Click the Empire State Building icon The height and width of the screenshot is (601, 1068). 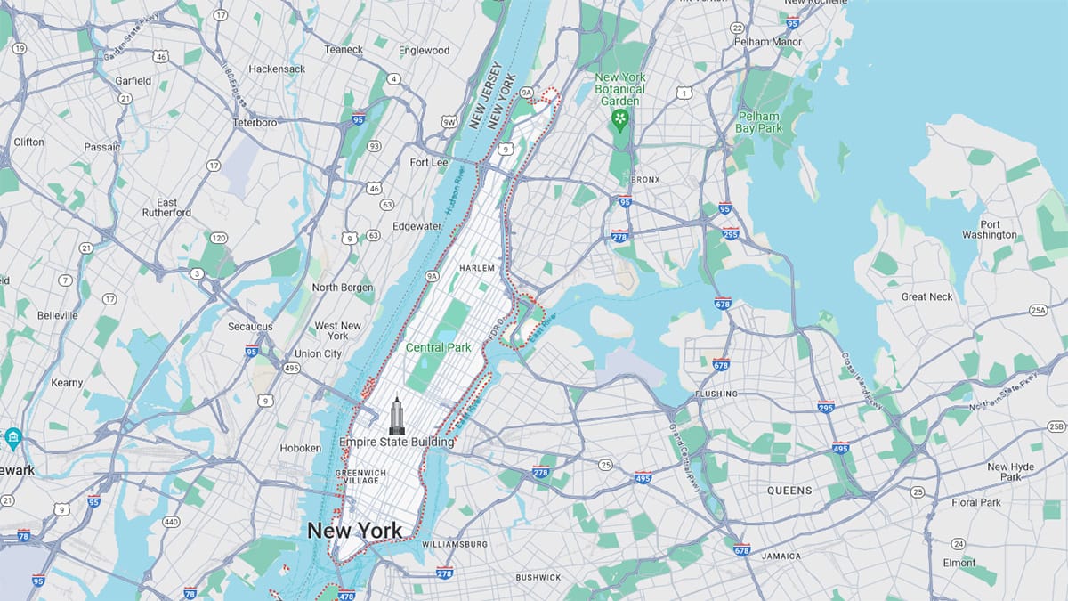pyautogui.click(x=396, y=416)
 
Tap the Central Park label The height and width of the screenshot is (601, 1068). pyautogui.click(x=438, y=347)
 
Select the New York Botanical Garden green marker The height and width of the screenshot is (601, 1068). pyautogui.click(x=620, y=118)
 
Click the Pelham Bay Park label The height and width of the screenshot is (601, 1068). pyautogui.click(x=757, y=123)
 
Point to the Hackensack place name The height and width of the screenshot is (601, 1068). pyautogui.click(x=277, y=69)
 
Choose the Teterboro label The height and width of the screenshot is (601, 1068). pyautogui.click(x=255, y=122)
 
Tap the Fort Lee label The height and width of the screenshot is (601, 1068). pyautogui.click(x=429, y=163)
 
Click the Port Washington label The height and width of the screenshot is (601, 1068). pyautogui.click(x=989, y=230)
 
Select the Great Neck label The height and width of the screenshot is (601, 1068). pyautogui.click(x=926, y=296)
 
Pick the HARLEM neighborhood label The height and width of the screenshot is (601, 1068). pyautogui.click(x=476, y=268)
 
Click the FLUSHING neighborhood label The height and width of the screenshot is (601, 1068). pyautogui.click(x=716, y=394)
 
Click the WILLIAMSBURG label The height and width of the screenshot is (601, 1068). pyautogui.click(x=455, y=544)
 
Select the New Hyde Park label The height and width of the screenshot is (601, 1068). pyautogui.click(x=1009, y=472)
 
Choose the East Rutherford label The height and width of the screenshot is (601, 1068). pyautogui.click(x=166, y=207)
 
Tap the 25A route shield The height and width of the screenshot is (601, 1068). pyautogui.click(x=1039, y=310)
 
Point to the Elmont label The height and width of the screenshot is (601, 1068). pyautogui.click(x=960, y=564)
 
